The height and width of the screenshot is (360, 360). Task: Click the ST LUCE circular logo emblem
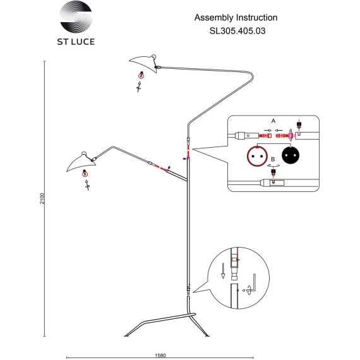coord(76,17)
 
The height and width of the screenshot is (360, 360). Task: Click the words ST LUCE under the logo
coord(76,42)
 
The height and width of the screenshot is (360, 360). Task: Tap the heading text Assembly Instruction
coord(236,18)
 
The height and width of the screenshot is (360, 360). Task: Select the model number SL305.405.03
coord(237,31)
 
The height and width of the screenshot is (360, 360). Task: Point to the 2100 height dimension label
coord(42,198)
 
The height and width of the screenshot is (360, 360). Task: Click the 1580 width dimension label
coord(160,356)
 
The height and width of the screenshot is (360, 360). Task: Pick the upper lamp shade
coord(143,63)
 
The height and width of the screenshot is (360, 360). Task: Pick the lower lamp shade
coord(81,162)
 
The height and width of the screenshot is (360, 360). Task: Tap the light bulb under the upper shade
coord(141,75)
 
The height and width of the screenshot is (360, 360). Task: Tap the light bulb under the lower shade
coord(85,173)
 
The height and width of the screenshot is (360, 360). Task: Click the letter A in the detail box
coord(273,121)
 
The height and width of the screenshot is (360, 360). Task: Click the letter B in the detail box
coord(273,159)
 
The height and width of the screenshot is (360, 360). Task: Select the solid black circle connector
coord(291,155)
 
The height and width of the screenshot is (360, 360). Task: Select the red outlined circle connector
coord(258,156)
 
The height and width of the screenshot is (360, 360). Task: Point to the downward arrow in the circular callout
coord(223,271)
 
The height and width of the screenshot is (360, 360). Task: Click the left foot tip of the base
coord(125,335)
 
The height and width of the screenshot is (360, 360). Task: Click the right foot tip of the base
coord(208,335)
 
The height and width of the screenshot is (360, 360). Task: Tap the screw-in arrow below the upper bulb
coord(138,87)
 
